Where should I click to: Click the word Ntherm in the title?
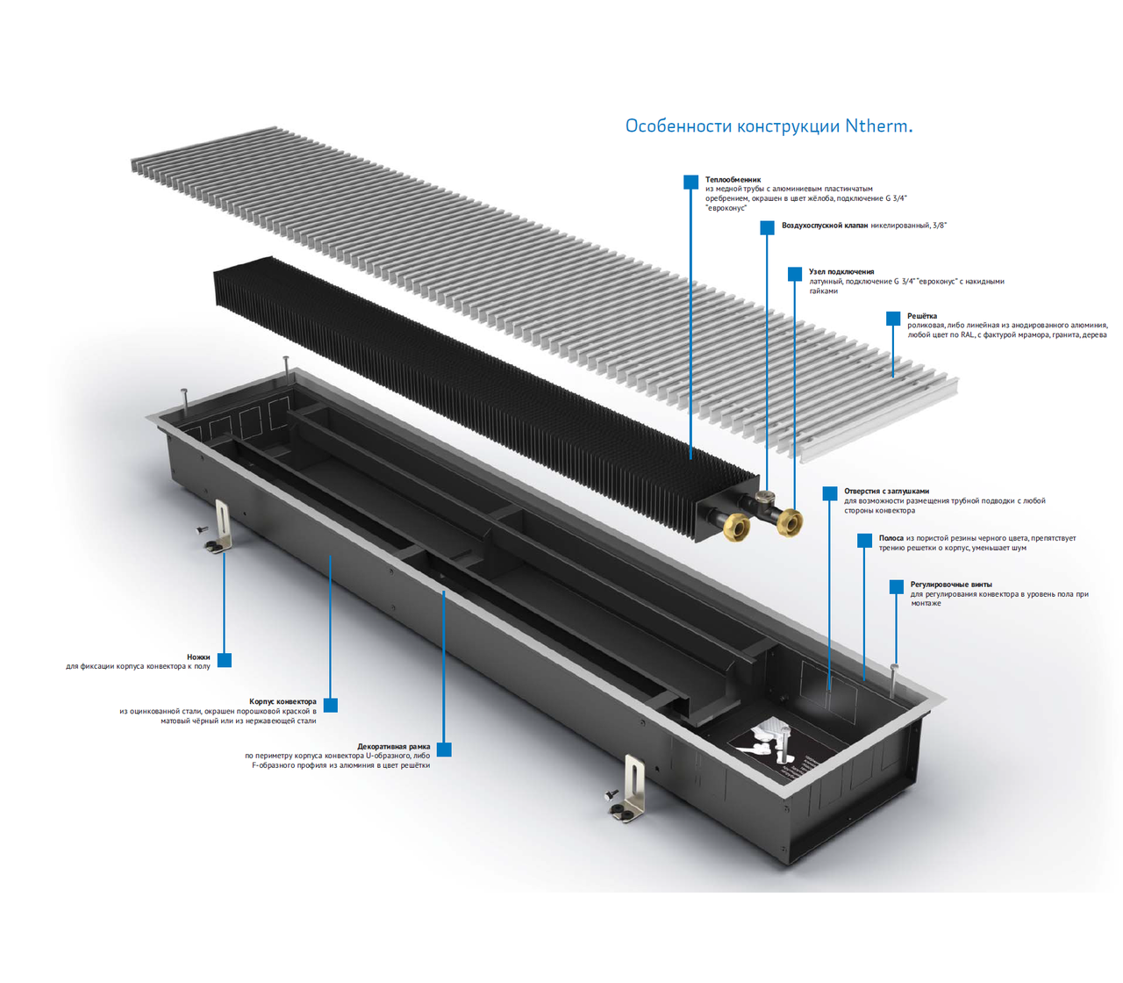(876, 126)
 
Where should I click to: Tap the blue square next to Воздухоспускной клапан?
(767, 227)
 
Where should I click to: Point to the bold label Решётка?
(922, 316)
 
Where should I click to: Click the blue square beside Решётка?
(893, 318)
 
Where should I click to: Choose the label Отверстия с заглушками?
(886, 491)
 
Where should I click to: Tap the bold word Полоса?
(891, 538)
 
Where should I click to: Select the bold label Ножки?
(198, 657)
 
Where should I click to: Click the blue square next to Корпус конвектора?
(331, 705)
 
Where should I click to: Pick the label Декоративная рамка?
(394, 746)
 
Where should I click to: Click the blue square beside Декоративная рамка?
(444, 750)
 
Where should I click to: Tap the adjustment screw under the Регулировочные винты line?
(895, 681)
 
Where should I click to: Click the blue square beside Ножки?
(224, 660)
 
